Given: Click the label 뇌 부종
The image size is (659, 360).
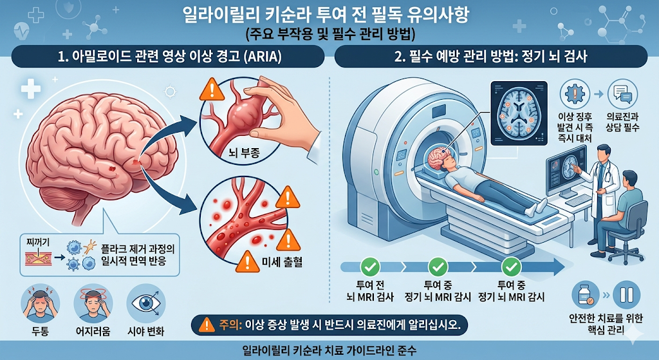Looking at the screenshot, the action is [x=244, y=153].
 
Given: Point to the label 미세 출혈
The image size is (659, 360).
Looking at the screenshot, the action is [x=282, y=262].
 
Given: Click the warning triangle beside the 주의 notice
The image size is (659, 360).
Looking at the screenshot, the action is [x=207, y=325].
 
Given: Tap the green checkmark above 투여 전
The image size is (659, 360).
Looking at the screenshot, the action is [x=370, y=267].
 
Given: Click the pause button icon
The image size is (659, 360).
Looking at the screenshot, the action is [x=626, y=295].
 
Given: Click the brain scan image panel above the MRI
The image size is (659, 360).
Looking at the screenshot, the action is [x=519, y=113].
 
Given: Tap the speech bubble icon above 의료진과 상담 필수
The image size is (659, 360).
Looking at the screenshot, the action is [x=622, y=94].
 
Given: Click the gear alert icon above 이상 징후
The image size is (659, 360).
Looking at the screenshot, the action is [x=575, y=94].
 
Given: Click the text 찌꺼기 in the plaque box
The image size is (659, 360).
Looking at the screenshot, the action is [x=38, y=242].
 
